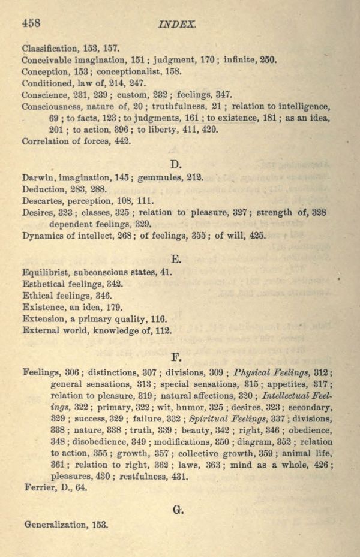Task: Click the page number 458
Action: tap(31, 23)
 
